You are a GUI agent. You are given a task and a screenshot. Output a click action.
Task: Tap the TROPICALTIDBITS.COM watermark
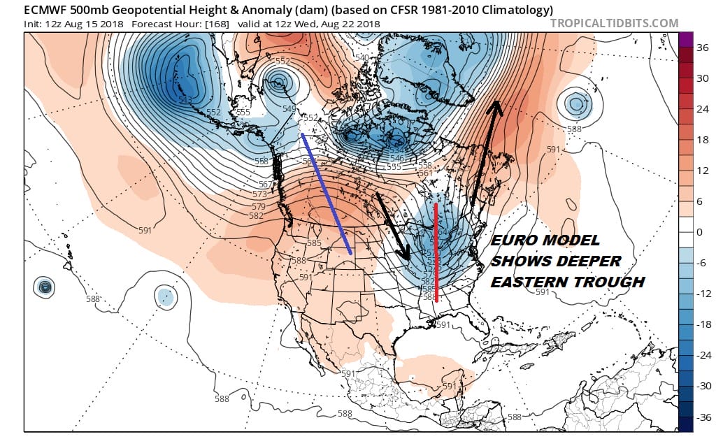[x=614, y=23]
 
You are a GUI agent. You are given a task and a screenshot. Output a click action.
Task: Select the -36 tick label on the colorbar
[x=703, y=417]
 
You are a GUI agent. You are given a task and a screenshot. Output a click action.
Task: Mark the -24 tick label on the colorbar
[x=703, y=355]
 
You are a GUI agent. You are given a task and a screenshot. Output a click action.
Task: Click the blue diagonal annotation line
[x=326, y=193]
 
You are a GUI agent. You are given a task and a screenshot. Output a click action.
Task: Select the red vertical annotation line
[x=436, y=252]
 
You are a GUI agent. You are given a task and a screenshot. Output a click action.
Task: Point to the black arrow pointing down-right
[x=392, y=228]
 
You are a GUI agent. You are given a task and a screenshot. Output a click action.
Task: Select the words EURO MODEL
[x=545, y=240]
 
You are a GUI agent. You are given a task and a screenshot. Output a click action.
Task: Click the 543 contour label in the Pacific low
[x=185, y=100]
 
